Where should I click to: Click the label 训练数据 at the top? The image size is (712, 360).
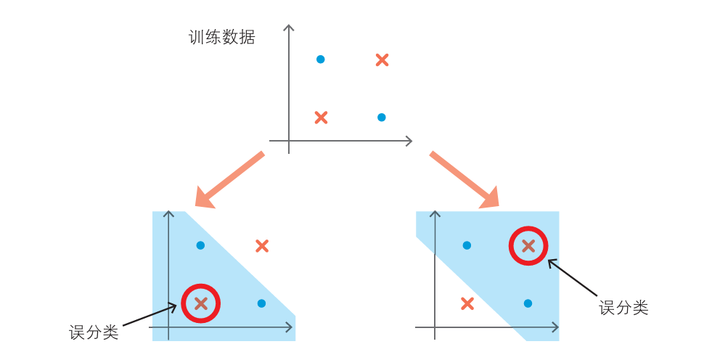pos(221,37)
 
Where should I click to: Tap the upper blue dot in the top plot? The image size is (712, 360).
pos(320,60)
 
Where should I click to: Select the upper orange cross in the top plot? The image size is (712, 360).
pos(382,60)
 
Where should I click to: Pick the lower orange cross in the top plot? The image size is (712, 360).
pos(321,118)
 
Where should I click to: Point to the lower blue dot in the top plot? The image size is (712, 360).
pos(381,118)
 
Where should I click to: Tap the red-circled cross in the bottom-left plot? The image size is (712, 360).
pos(200,303)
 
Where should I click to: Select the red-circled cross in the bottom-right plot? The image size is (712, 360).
pos(528,245)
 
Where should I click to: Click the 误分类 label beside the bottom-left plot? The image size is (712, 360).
pos(94,332)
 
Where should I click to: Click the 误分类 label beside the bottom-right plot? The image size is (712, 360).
pos(623,308)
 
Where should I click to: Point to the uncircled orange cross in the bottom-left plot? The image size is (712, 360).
pos(262,246)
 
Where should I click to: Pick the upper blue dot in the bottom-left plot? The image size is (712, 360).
pos(200,245)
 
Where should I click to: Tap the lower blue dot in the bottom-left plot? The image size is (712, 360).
pos(261,303)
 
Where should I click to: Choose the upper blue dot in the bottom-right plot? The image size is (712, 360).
pos(467,245)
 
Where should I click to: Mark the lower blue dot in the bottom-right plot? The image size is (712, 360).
pos(528,303)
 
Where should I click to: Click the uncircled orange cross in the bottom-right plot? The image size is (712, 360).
pos(467,303)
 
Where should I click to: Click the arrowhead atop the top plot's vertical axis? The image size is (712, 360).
pos(289,28)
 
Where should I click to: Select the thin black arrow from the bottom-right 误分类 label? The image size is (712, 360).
pos(573,278)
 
